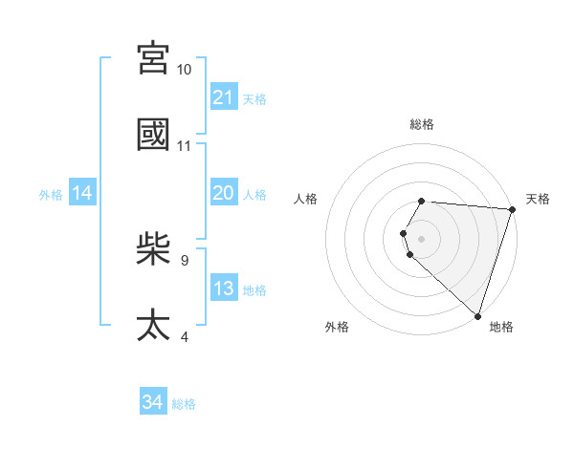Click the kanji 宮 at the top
click(154, 59)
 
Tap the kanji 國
click(154, 135)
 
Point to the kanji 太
click(154, 325)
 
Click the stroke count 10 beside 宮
click(185, 70)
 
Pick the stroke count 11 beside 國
click(185, 146)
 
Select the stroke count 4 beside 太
click(185, 336)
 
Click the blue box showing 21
click(224, 97)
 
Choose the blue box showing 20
click(224, 193)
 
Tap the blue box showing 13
click(224, 289)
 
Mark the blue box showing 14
click(82, 194)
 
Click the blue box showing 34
click(153, 402)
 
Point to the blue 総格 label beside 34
click(184, 404)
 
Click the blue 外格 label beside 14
click(51, 195)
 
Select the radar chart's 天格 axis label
click(538, 199)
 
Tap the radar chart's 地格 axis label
click(501, 327)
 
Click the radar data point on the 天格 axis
click(512, 208)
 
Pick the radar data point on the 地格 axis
click(477, 315)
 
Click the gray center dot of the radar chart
click(421, 237)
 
